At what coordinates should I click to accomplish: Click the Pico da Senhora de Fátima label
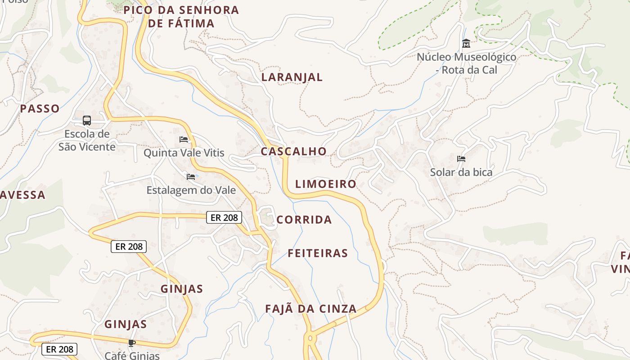[181, 17]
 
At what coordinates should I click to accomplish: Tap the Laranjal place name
[292, 77]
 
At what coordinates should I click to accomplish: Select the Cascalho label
[293, 151]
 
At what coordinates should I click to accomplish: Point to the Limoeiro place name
[325, 184]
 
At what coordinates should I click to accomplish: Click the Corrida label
[304, 220]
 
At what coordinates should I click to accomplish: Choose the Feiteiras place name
[318, 253]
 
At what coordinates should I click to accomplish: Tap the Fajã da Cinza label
[310, 309]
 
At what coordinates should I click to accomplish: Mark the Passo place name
[40, 108]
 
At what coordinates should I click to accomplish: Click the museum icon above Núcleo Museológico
[466, 44]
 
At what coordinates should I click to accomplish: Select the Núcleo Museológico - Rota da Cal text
[466, 63]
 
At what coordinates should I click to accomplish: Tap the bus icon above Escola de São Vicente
[87, 121]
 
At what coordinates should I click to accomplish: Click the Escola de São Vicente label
[87, 140]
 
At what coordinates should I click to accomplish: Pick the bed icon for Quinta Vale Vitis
[184, 139]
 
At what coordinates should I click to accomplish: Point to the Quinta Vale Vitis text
[184, 153]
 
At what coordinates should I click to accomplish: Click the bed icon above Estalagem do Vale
[191, 177]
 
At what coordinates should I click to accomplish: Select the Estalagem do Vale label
[191, 190]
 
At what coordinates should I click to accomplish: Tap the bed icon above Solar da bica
[461, 159]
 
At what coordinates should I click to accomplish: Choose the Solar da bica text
[461, 172]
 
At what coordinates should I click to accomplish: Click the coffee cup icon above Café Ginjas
[131, 343]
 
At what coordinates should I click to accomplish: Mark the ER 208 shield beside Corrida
[224, 218]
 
